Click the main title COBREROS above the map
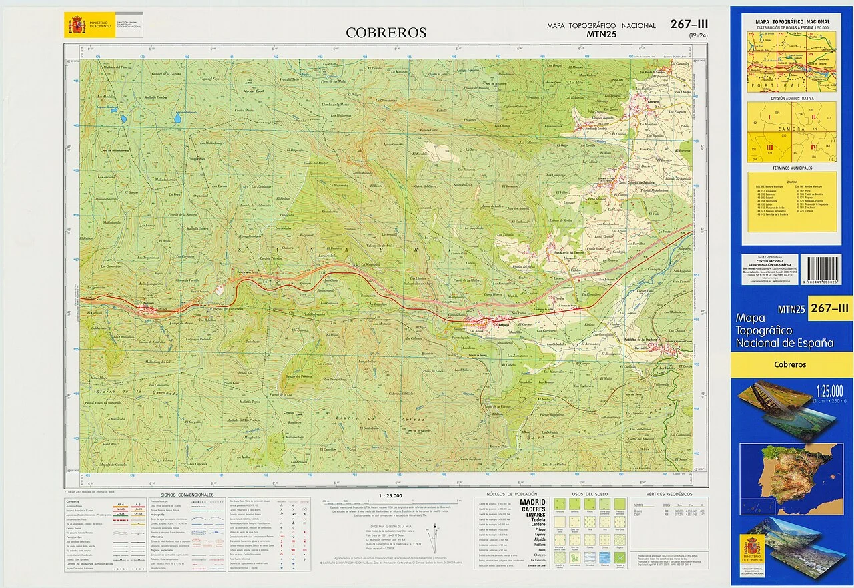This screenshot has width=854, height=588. (386, 33)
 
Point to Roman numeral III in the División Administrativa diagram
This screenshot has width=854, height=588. (769, 148)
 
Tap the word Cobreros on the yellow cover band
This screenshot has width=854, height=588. (790, 364)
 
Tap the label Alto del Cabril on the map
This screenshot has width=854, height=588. (253, 90)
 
